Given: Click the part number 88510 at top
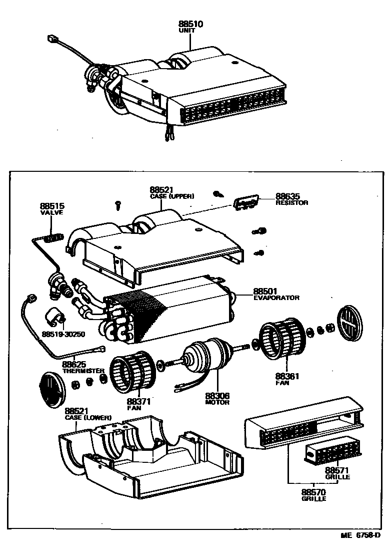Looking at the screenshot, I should coord(190,24).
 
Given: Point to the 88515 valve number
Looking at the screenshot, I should coord(52,206).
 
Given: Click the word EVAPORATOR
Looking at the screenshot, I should coord(276,298).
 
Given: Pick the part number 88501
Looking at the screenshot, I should coord(265,291).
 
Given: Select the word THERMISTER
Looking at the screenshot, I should coord(83,371).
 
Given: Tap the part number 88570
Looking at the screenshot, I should coord(314,492).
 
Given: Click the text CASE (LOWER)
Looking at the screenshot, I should coord(88,417).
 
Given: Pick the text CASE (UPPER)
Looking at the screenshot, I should coord(171,196).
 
